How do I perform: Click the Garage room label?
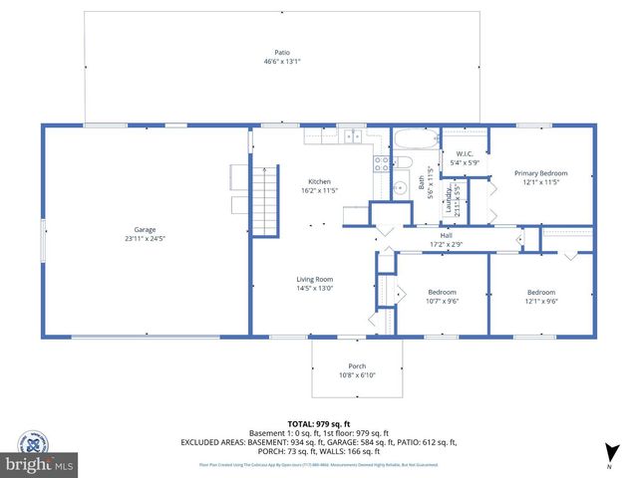click(145, 229)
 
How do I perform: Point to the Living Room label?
click(315, 279)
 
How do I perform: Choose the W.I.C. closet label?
click(465, 153)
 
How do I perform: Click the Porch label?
click(357, 366)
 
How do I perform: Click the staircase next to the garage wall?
click(264, 201)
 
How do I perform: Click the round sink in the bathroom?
click(400, 186)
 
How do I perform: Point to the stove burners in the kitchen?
click(381, 164)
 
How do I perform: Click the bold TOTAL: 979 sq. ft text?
click(315, 421)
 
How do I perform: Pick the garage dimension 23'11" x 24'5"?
click(145, 239)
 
